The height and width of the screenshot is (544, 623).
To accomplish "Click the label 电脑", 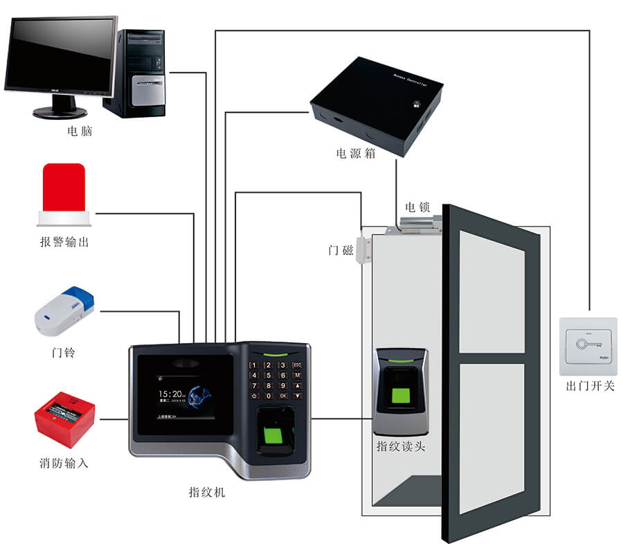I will click(x=80, y=131).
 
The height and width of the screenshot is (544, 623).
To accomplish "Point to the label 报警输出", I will click(x=64, y=242).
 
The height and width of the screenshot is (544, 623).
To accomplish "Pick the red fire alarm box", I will click(x=64, y=418).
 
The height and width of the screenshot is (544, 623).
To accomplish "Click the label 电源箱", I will click(x=356, y=153).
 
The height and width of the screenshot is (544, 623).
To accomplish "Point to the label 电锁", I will click(x=417, y=207).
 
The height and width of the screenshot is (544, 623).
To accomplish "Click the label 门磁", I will click(x=341, y=250).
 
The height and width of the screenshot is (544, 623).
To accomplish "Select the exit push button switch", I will click(x=587, y=341).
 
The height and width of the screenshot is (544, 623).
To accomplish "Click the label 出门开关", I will click(x=590, y=385).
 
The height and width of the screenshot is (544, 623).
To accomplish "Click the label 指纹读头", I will click(x=401, y=446).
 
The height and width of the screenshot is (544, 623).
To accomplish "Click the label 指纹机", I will click(x=207, y=493).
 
